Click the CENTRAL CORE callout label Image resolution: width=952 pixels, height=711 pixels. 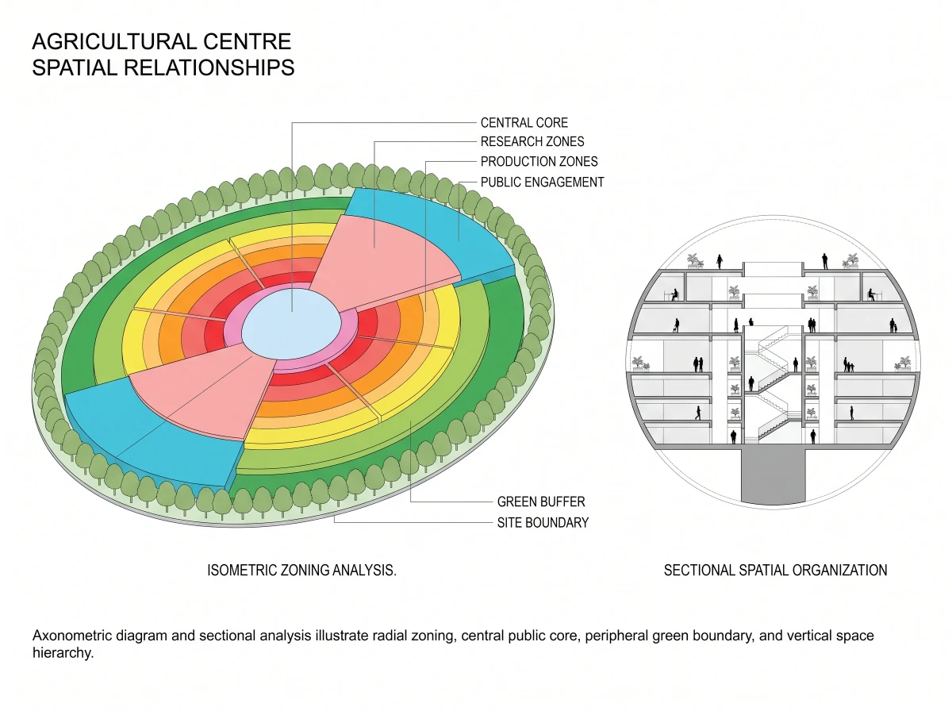524,123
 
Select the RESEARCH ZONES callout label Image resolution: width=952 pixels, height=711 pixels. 532,141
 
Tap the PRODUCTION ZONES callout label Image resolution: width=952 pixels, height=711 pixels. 539,161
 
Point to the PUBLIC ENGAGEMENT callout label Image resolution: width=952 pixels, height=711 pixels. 542,183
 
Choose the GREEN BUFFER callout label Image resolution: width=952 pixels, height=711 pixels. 541,502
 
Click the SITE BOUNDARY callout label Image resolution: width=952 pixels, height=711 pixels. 543,523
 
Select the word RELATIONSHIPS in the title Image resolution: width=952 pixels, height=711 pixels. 209,68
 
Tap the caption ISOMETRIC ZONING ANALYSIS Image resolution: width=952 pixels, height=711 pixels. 302,570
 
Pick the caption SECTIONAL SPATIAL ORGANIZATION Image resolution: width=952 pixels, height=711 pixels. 775,570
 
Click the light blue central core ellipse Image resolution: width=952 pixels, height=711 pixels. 291,325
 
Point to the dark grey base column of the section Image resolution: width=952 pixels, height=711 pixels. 773,476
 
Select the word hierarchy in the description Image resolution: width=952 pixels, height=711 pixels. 63,653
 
